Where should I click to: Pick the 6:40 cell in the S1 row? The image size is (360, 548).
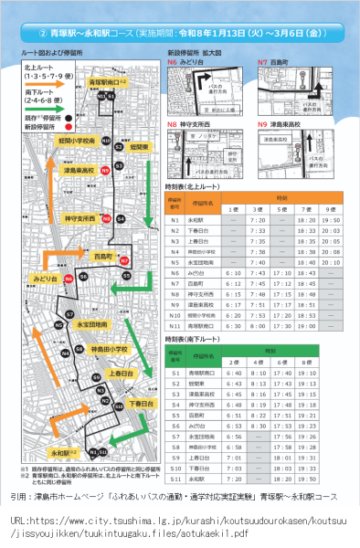pyautogui.click(x=231, y=373)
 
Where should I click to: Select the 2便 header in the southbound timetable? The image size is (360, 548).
pyautogui.click(x=231, y=362)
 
